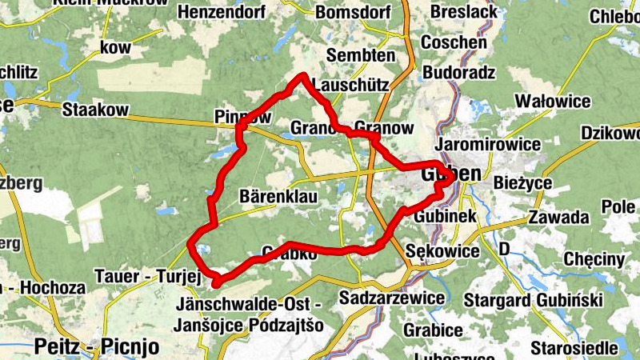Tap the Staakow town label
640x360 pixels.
(x=90, y=110)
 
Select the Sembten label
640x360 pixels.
(x=361, y=56)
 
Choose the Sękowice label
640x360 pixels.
(x=442, y=251)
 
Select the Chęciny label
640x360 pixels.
(x=594, y=259)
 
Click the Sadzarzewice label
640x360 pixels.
(x=392, y=298)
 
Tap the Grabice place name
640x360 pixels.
(x=433, y=330)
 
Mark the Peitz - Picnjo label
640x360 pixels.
(x=98, y=347)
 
